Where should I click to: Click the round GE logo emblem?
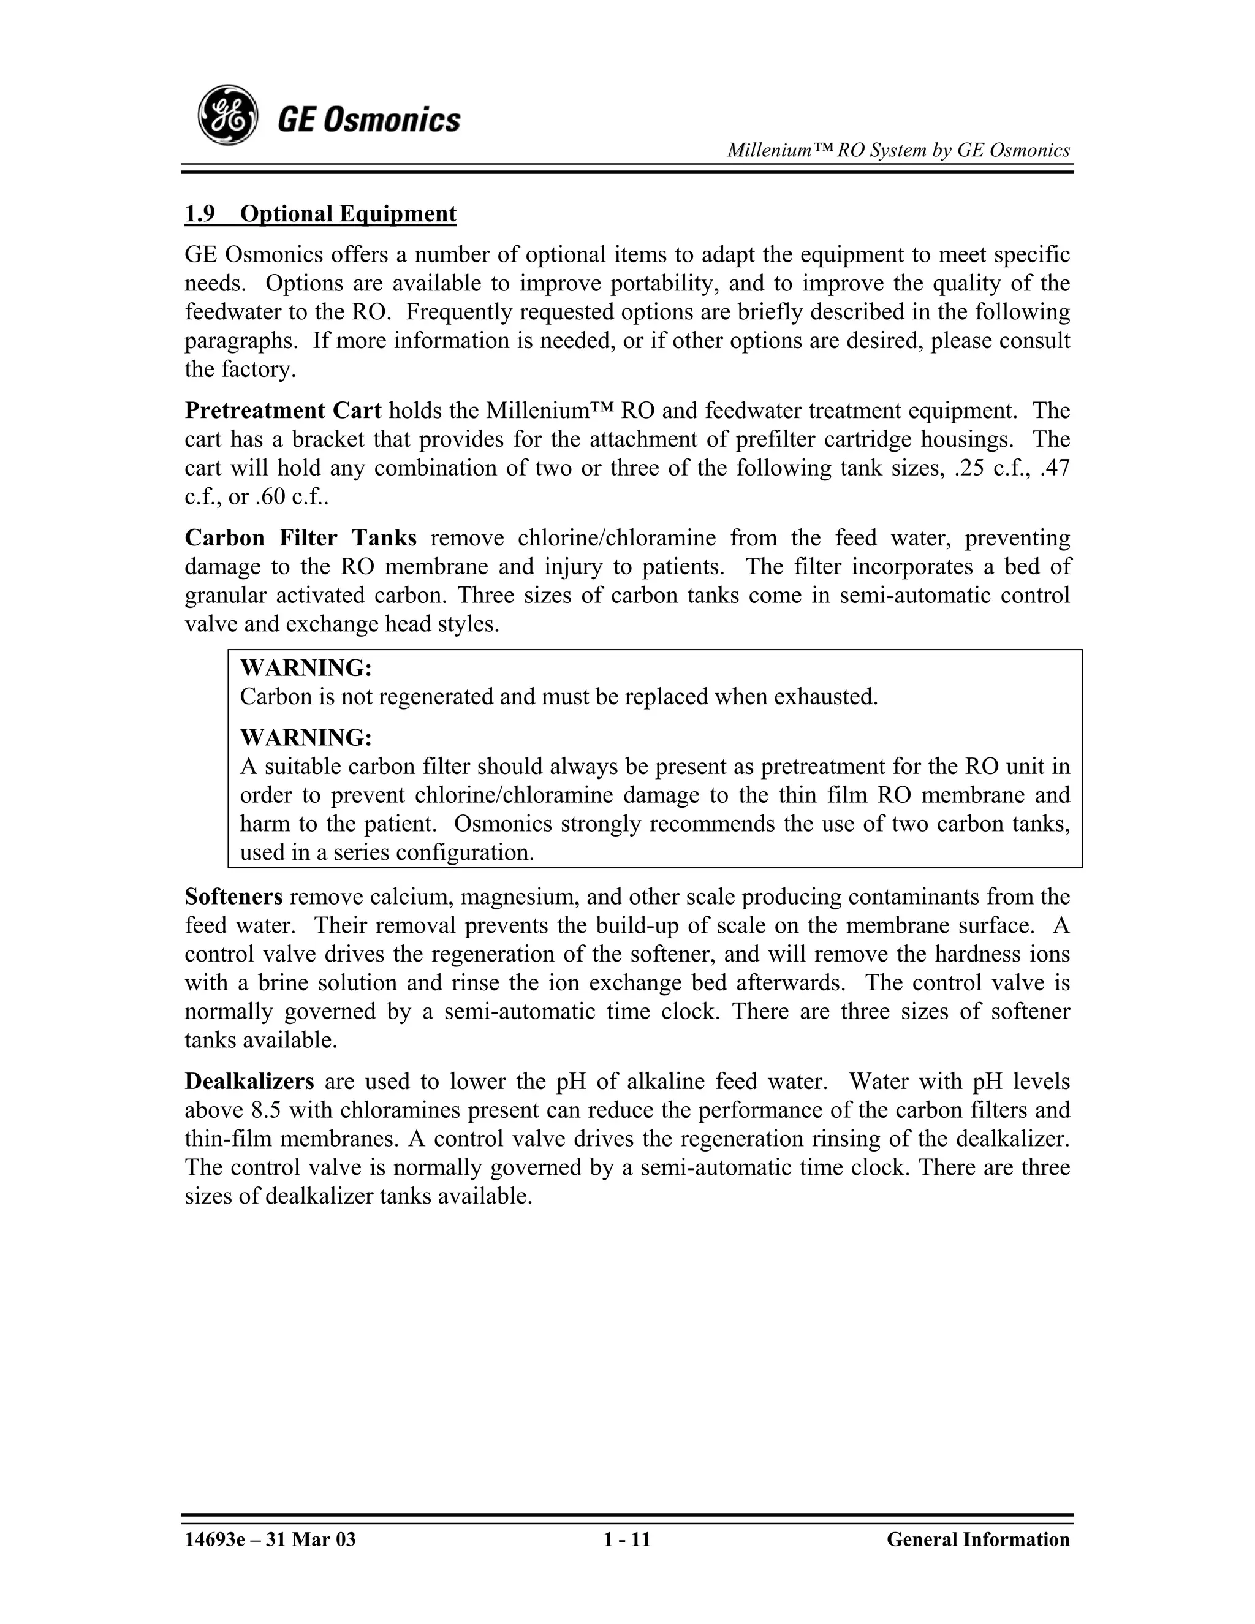[x=227, y=115]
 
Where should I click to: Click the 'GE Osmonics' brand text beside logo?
[x=369, y=119]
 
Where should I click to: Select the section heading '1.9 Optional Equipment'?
[x=320, y=213]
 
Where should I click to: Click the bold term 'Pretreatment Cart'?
[x=282, y=411]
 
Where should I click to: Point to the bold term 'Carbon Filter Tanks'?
[x=300, y=537]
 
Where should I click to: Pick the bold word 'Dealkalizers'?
[x=249, y=1081]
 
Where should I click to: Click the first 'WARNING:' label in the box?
[x=306, y=668]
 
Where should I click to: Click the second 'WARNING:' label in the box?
[x=306, y=738]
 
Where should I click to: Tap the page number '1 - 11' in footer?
[x=627, y=1539]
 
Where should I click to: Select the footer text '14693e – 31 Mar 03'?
[x=270, y=1539]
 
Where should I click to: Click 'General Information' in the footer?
[x=977, y=1539]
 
